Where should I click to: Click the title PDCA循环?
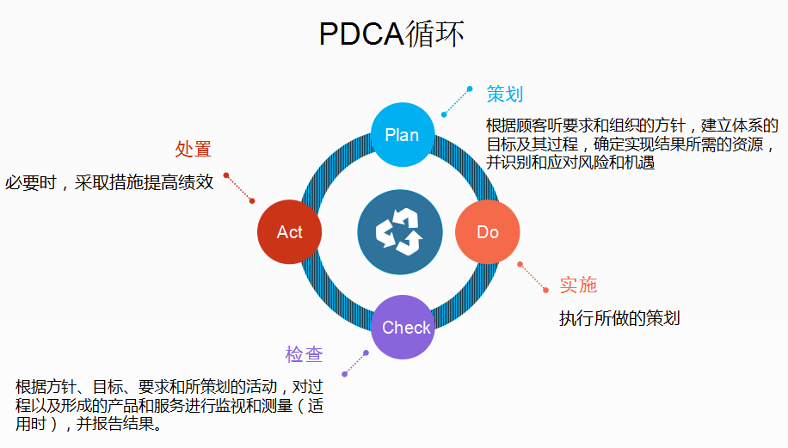pyautogui.click(x=391, y=34)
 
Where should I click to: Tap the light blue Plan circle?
pyautogui.click(x=402, y=134)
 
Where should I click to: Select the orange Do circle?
pyautogui.click(x=487, y=232)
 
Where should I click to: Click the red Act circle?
pyautogui.click(x=290, y=232)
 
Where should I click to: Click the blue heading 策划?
pyautogui.click(x=505, y=94)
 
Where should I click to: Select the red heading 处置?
pyautogui.click(x=194, y=149)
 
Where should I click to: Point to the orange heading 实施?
pyautogui.click(x=578, y=285)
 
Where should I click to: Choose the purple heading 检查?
pyautogui.click(x=305, y=353)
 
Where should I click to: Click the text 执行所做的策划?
pyautogui.click(x=619, y=317)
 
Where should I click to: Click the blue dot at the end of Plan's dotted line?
pyautogui.click(x=470, y=89)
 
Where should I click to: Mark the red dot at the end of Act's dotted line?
pyautogui.click(x=226, y=175)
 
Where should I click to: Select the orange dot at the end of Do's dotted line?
pyautogui.click(x=520, y=264)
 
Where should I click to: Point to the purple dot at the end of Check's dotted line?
pyautogui.click(x=344, y=374)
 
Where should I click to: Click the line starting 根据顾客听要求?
pyautogui.click(x=632, y=126)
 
